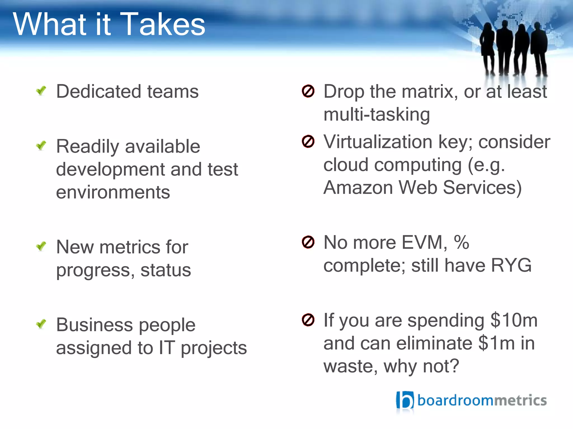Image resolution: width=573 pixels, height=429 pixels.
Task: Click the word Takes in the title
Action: pyautogui.click(x=163, y=25)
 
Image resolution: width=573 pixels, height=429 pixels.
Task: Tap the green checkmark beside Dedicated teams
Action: pyautogui.click(x=41, y=90)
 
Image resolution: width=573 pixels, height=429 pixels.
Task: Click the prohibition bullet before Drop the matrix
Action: pyautogui.click(x=308, y=91)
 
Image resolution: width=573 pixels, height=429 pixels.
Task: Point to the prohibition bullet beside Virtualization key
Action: pyautogui.click(x=308, y=141)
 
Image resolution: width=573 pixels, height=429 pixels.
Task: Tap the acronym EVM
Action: pyautogui.click(x=424, y=242)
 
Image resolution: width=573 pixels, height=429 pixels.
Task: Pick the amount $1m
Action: pyautogui.click(x=496, y=343)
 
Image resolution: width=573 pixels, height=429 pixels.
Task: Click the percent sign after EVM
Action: pyautogui.click(x=461, y=242)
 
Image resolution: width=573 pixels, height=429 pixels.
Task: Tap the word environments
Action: pyautogui.click(x=113, y=192)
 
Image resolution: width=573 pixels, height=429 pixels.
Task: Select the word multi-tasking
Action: pyautogui.click(x=377, y=115)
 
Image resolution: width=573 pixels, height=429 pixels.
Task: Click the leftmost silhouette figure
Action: pyautogui.click(x=488, y=47)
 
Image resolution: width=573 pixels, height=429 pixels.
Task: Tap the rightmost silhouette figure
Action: pyautogui.click(x=539, y=47)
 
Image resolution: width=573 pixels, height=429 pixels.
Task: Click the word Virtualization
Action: pyautogui.click(x=378, y=142)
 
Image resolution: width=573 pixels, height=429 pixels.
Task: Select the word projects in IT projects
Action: pyautogui.click(x=214, y=348)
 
